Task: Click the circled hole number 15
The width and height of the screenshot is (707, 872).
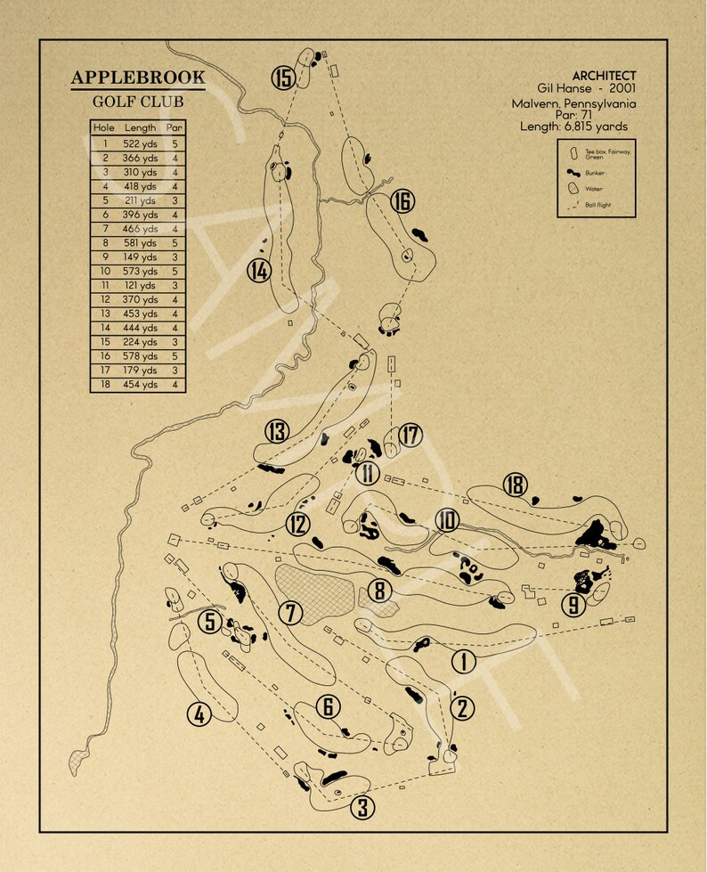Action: (283, 78)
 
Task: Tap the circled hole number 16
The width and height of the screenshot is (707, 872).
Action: (402, 202)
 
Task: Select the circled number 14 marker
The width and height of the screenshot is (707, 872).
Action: (258, 271)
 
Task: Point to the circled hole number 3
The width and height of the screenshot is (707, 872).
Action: (362, 807)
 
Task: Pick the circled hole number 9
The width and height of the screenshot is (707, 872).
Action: (573, 606)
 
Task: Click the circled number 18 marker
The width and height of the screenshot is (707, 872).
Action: (514, 485)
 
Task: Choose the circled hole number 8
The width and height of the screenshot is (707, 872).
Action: (379, 590)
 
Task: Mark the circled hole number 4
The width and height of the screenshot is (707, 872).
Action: (199, 713)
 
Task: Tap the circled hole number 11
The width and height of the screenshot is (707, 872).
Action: (366, 474)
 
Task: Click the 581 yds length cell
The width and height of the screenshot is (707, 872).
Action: (140, 242)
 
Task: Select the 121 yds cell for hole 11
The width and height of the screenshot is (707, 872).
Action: (140, 285)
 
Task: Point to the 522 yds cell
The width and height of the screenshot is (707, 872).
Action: (140, 143)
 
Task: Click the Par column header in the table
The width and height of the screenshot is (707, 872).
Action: (175, 128)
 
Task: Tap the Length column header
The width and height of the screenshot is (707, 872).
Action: (140, 128)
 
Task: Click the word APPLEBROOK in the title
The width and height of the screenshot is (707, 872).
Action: (138, 78)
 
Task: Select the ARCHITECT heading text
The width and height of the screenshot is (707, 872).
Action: (604, 76)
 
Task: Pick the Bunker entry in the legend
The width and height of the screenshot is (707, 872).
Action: (593, 172)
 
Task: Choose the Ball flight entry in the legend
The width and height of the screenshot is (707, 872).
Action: (597, 206)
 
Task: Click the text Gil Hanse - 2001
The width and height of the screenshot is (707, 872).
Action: (586, 89)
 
